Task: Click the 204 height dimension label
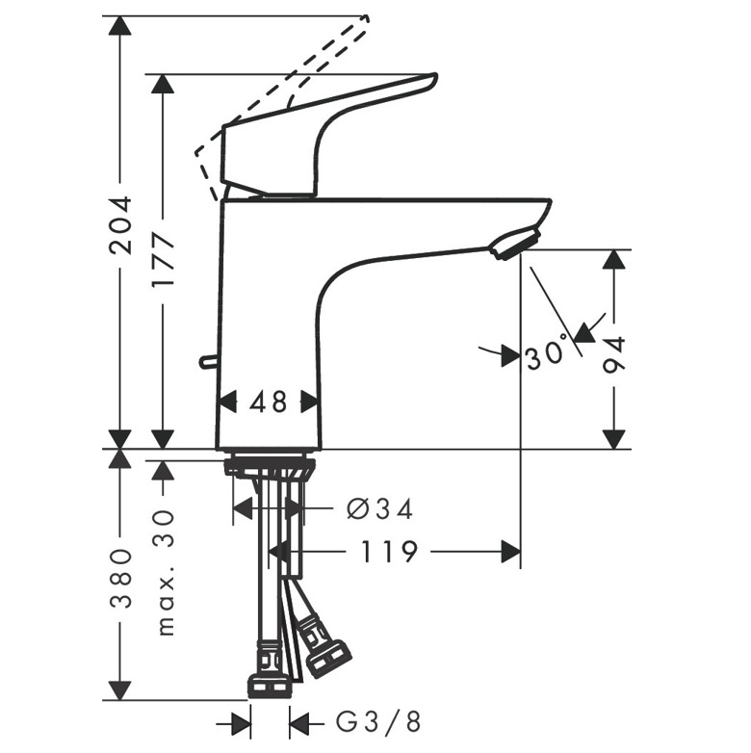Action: point(120,224)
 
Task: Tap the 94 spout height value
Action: point(614,355)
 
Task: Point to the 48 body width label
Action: point(268,402)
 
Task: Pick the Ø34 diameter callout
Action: point(379,508)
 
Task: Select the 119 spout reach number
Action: point(388,552)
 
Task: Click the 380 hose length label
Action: point(120,579)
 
